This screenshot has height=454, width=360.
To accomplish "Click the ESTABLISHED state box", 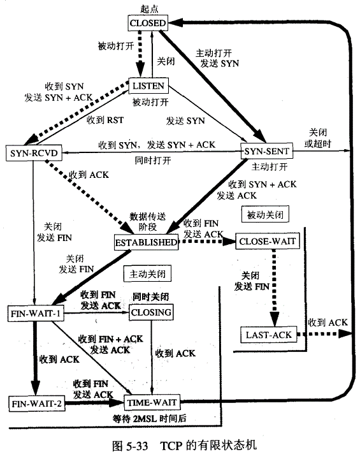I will (x=146, y=242).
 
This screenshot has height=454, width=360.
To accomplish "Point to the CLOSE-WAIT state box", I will (x=264, y=242).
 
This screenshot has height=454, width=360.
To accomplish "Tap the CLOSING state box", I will (x=151, y=312).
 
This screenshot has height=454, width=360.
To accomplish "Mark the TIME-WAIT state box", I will (x=152, y=402).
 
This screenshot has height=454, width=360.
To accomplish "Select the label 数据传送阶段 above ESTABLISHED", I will (x=147, y=221).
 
